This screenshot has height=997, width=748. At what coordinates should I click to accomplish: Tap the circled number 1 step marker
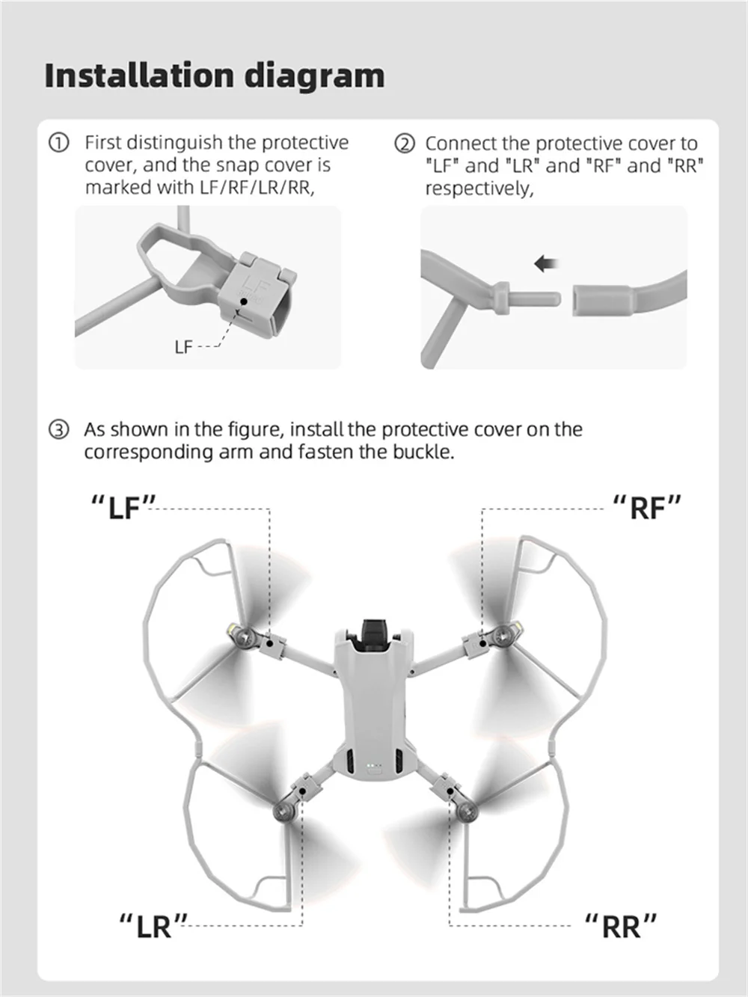tap(58, 143)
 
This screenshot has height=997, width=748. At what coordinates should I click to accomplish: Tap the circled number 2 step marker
tap(405, 144)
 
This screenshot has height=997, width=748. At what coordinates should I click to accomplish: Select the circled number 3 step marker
tap(59, 429)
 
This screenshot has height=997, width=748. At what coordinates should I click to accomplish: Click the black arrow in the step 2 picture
tap(546, 263)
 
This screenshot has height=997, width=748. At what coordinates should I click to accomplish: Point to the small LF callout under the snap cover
tap(184, 348)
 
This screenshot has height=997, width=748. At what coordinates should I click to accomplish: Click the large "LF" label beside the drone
tap(123, 507)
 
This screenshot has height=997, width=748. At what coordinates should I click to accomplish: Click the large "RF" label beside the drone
tap(647, 507)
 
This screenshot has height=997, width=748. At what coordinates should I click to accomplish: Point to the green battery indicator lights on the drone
tap(373, 764)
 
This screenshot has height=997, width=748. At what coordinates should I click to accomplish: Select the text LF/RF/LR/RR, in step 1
tap(257, 188)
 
